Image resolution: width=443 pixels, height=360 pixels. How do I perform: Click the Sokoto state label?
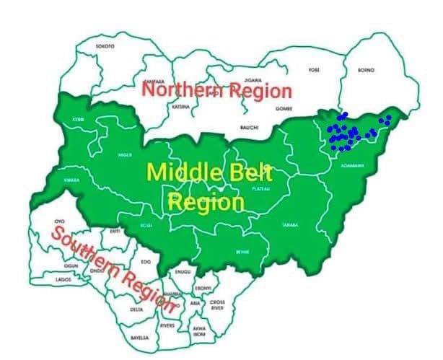(105, 46)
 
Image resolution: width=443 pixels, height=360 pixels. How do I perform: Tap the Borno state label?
(366, 70)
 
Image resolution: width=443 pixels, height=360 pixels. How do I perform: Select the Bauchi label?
(250, 128)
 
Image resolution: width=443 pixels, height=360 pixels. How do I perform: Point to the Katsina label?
(181, 107)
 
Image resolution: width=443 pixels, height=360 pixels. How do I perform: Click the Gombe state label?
(284, 108)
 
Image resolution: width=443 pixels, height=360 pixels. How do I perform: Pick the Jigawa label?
(252, 80)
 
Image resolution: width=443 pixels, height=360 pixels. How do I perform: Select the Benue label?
(242, 252)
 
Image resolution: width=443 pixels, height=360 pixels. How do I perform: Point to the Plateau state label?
(260, 188)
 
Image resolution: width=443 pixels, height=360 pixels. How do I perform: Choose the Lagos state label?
(64, 278)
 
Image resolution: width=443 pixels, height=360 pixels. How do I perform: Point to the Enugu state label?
(183, 272)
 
